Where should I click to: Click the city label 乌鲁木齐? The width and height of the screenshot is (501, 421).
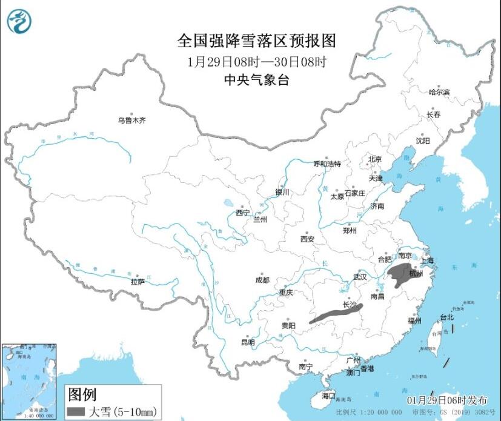[131, 121]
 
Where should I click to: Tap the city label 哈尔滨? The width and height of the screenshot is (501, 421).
[439, 92]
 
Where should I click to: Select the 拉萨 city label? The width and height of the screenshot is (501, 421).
[138, 281]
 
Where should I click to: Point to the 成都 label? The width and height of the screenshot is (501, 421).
[262, 280]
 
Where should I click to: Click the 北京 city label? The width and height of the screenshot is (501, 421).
[375, 160]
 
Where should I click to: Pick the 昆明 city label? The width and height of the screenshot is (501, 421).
[248, 342]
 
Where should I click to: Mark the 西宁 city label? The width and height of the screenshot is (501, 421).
[243, 213]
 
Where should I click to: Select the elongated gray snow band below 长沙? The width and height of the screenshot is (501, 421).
[337, 314]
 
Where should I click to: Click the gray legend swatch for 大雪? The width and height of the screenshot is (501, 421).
[76, 412]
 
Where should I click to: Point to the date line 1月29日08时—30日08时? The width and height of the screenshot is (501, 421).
[257, 62]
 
